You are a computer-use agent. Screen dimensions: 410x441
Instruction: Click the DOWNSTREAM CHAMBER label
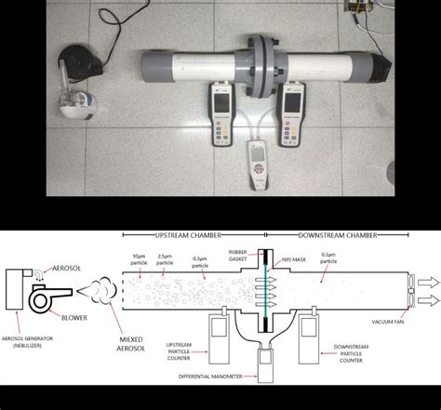[339, 236]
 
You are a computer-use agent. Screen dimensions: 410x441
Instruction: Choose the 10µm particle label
[142, 253]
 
